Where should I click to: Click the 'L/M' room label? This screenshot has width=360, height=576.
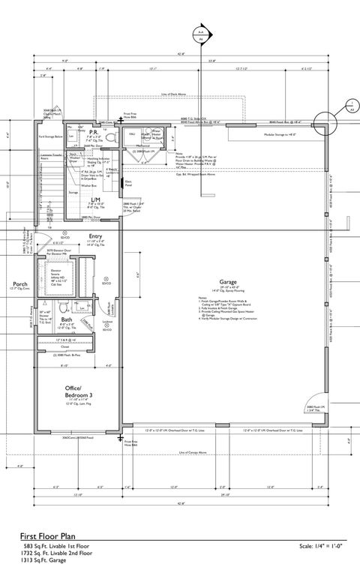[x=95, y=199]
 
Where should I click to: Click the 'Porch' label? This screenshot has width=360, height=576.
[x=18, y=284]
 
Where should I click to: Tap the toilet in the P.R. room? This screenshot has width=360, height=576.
[x=110, y=136]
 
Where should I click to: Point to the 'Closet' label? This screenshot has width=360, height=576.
[x=65, y=347]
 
